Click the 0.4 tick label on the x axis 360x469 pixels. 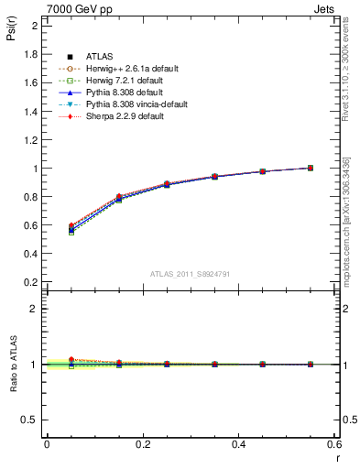click(x=238, y=444)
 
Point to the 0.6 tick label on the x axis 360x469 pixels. click(x=334, y=444)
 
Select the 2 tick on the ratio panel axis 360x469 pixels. click(x=35, y=309)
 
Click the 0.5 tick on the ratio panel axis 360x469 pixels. click(x=30, y=420)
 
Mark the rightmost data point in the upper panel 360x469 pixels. click(x=311, y=168)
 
